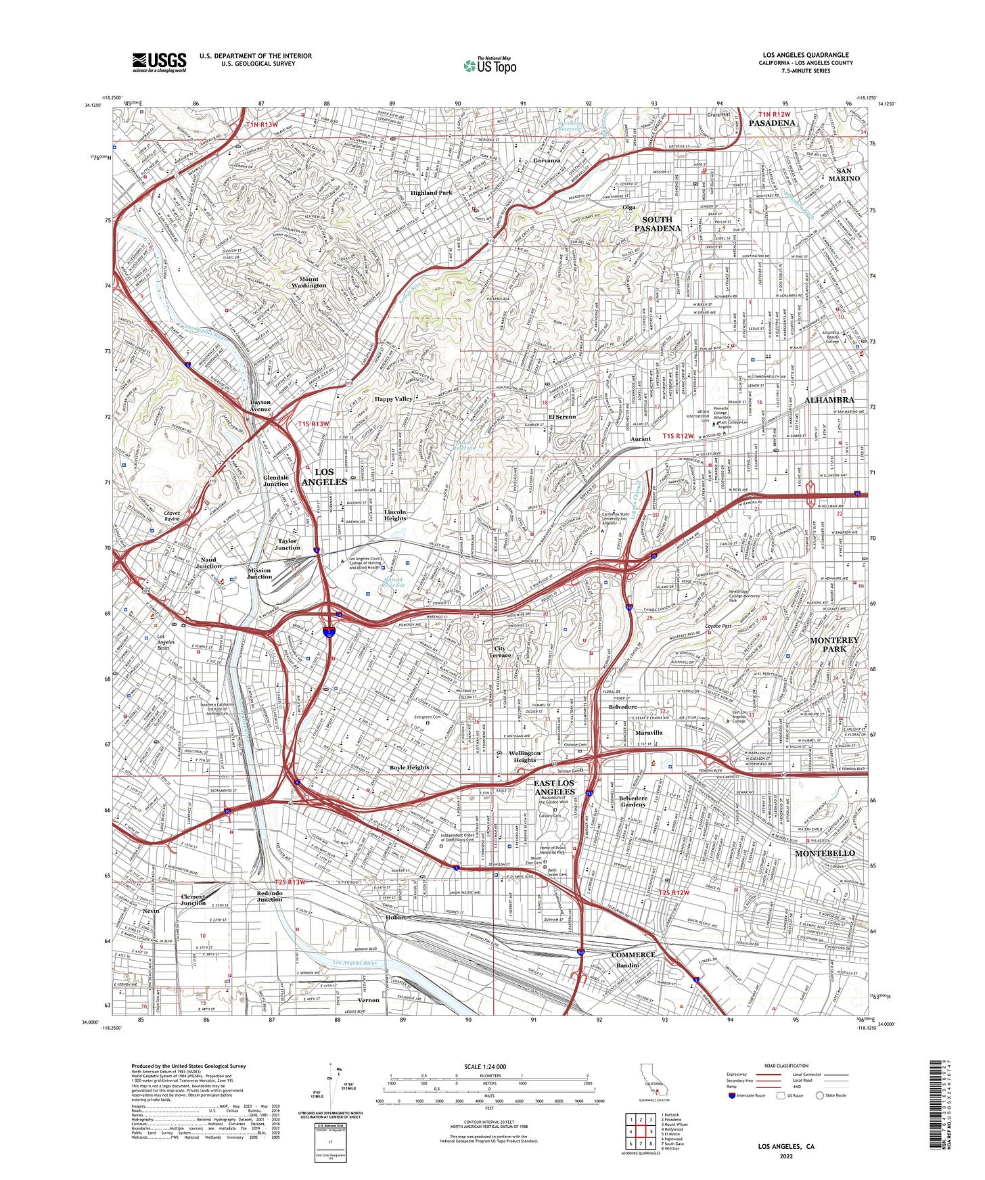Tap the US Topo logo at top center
pos(490,65)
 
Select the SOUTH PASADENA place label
pos(657,224)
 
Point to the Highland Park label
pos(432,193)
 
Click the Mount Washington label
pos(308,282)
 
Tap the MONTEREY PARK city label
pos(834,644)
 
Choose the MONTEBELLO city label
pos(825,853)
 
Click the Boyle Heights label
pos(409,767)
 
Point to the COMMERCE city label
pos(633,955)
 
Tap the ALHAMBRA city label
pos(829,400)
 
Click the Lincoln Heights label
pos(395,515)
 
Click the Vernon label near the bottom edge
pos(369,1000)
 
